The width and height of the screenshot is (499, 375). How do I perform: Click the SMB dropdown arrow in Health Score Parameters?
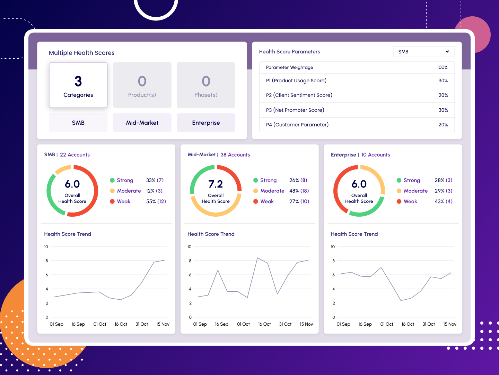[x=447, y=52]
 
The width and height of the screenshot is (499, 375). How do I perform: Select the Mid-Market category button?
[x=142, y=123]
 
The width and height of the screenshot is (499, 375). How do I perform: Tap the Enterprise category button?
[x=206, y=123]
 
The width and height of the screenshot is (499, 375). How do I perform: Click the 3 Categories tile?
[x=78, y=85]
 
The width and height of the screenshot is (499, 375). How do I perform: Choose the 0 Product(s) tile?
[x=142, y=85]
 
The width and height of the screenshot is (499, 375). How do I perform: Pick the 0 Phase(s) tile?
[x=206, y=85]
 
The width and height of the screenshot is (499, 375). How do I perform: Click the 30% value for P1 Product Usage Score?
[x=443, y=81]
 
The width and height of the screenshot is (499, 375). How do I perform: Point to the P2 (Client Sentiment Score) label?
[x=299, y=95]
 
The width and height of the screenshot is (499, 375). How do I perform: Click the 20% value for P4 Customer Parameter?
[x=443, y=125]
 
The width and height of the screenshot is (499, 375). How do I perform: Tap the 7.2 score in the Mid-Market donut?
[x=216, y=184]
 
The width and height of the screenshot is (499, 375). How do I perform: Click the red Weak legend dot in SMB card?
[x=112, y=201]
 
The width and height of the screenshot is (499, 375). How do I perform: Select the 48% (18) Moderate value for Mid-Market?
[x=299, y=191]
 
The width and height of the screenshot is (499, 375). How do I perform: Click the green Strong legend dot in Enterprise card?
[x=399, y=180]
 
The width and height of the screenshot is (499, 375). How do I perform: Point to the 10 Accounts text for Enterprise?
[x=376, y=155]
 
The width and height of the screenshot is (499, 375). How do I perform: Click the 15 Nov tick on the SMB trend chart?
[x=163, y=324]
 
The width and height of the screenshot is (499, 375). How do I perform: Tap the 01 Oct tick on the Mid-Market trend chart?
[x=243, y=324]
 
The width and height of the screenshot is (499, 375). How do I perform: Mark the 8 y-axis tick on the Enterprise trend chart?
[x=333, y=261]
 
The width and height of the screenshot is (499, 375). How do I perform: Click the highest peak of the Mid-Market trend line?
[x=257, y=258]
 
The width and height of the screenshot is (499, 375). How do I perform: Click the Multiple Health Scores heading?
[x=81, y=53]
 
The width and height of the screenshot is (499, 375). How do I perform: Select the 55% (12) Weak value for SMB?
[x=156, y=201]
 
